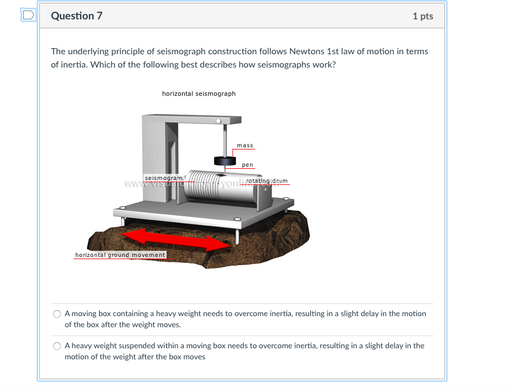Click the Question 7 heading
[76, 16]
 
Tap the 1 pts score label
[423, 16]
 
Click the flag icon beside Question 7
[28, 16]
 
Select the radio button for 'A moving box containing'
[57, 314]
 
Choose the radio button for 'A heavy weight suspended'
[57, 346]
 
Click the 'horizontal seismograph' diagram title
[199, 94]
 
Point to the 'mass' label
[245, 146]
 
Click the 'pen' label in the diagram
[247, 165]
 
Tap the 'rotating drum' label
[267, 181]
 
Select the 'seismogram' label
[163, 178]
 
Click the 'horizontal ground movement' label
[120, 255]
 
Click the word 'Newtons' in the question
[307, 51]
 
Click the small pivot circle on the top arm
[219, 120]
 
